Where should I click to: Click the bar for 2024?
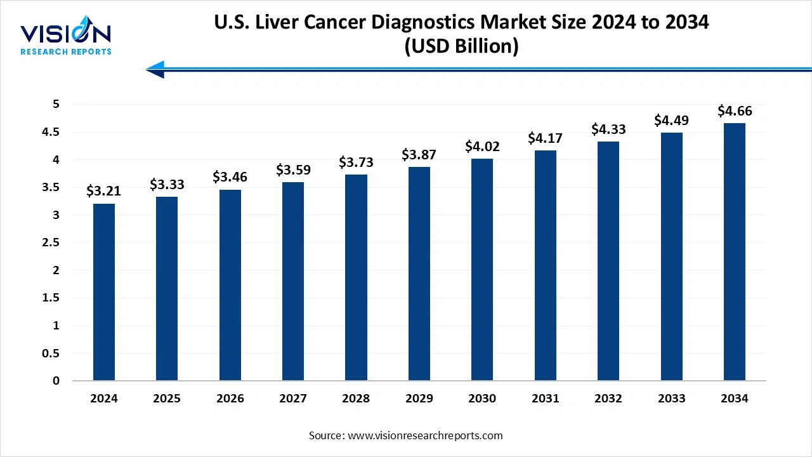103,292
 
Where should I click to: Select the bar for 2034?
734,252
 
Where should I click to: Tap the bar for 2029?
419,274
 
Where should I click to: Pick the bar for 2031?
545,265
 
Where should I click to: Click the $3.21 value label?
103,190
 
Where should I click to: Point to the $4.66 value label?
735,111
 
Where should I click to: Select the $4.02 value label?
482,147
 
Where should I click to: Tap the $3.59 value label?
293,170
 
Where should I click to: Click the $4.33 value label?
608,129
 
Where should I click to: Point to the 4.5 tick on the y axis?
51,133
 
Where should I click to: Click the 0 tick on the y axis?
56,381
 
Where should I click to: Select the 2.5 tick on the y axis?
51,243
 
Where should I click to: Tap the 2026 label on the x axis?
230,399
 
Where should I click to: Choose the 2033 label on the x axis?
671,399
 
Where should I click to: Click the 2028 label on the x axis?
356,399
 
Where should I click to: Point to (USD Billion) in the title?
461,47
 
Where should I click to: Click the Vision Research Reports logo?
66,37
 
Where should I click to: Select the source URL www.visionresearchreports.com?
425,435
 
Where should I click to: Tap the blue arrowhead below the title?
156,69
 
